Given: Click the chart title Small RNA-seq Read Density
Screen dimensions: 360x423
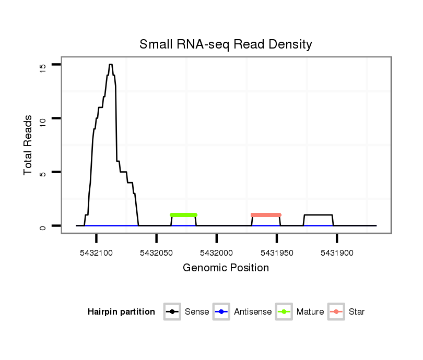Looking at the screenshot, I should [x=226, y=44].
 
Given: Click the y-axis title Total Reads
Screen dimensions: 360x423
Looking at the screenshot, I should [x=29, y=145].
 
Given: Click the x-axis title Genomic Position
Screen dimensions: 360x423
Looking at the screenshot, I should [x=226, y=268].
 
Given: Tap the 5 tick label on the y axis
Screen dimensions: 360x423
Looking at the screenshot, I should [x=43, y=173].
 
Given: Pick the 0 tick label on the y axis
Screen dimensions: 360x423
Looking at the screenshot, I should [x=43, y=226].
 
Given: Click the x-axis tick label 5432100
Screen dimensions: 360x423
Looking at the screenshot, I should [x=97, y=253].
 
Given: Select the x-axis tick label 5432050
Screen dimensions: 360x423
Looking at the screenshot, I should [x=157, y=253].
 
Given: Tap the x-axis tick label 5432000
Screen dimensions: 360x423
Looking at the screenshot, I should [x=217, y=253].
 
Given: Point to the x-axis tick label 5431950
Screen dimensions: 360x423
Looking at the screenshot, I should [x=277, y=253].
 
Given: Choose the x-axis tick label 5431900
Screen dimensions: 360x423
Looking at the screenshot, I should [x=337, y=253].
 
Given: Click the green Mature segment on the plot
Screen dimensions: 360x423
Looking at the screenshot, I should [x=183, y=215].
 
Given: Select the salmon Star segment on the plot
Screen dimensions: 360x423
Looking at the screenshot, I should [x=266, y=215].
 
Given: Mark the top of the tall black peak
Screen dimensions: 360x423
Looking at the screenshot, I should [x=111, y=65].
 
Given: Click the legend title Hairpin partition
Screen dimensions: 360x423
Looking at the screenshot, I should [x=121, y=312].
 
